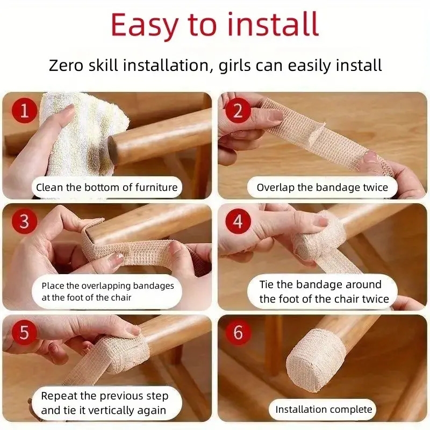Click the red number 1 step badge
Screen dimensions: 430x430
pos(24,111)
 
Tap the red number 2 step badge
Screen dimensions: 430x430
pos(238,111)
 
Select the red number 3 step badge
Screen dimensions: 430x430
pos(24,221)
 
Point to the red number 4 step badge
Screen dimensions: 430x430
pos(238,221)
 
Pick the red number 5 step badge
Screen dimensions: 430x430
pos(24,332)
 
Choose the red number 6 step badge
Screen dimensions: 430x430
pos(238,332)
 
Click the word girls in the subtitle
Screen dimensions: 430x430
pos(235,66)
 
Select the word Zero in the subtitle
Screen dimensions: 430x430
pos(66,66)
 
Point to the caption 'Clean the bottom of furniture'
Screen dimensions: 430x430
pos(106,188)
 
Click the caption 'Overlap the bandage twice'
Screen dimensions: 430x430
pos(322,188)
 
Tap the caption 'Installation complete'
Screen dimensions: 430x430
pos(324,410)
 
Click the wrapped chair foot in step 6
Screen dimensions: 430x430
pos(316,359)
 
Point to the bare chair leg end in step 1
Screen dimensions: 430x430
pos(113,150)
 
